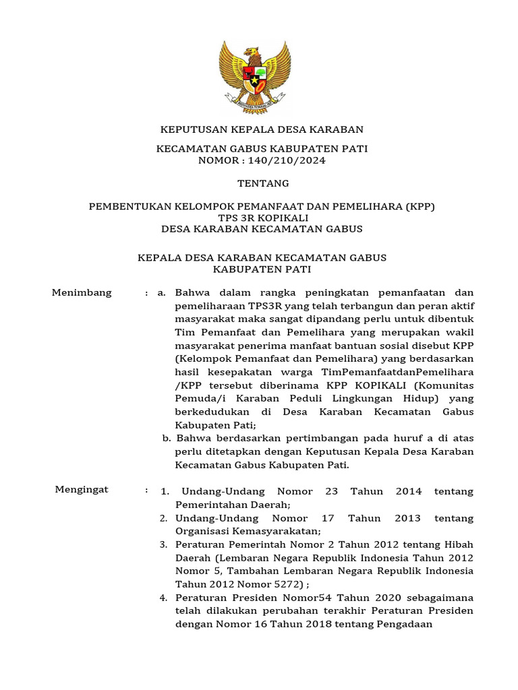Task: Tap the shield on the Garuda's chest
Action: pyautogui.click(x=254, y=74)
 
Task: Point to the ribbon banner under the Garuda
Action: pyautogui.click(x=254, y=105)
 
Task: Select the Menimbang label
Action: pyautogui.click(x=82, y=293)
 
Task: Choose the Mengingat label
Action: pyautogui.click(x=81, y=489)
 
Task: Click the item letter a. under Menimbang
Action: pyautogui.click(x=161, y=293)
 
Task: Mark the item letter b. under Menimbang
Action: pyautogui.click(x=166, y=439)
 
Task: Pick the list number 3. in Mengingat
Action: pyautogui.click(x=163, y=544)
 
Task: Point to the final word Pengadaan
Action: pyautogui.click(x=402, y=624)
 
